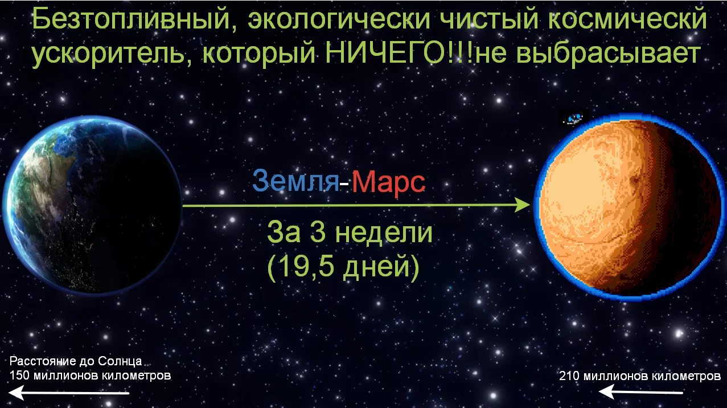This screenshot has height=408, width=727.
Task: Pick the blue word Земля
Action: tap(295, 181)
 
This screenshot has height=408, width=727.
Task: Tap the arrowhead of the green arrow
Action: tap(523, 205)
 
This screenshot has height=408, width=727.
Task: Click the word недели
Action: tap(384, 233)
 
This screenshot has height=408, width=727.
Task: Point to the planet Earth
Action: tap(92, 205)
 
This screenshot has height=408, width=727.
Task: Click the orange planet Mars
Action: tap(629, 207)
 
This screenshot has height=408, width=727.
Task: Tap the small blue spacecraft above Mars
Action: tap(573, 119)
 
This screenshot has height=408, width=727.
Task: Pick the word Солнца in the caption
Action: tap(120, 361)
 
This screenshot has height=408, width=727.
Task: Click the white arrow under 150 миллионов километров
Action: tap(68, 393)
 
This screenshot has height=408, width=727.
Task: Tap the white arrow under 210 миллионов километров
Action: tap(640, 391)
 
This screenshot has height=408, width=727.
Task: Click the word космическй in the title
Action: tap(627, 19)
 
